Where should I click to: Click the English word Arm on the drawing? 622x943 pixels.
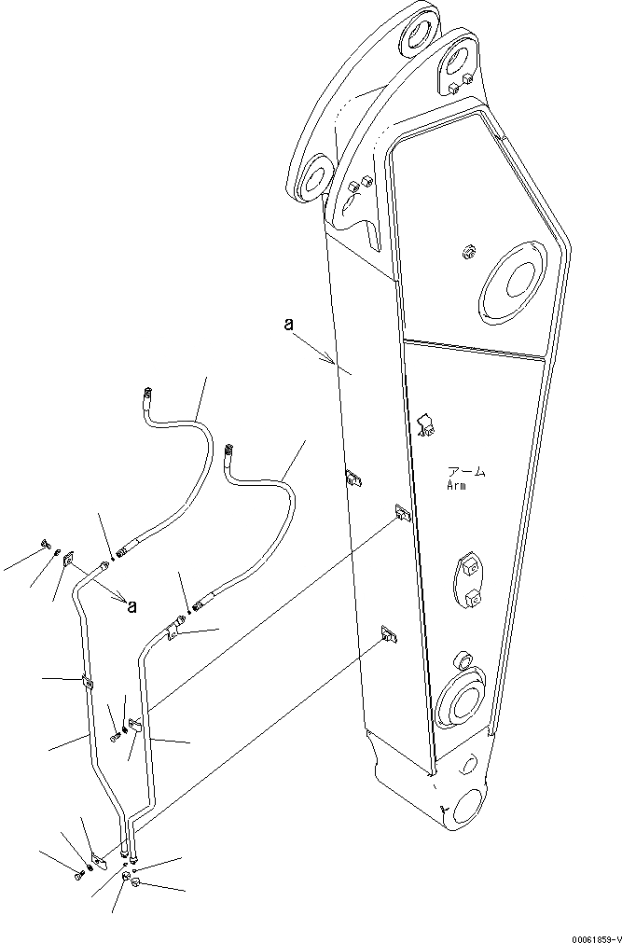pyautogui.click(x=456, y=485)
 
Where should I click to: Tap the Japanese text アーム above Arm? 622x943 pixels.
pyautogui.click(x=465, y=472)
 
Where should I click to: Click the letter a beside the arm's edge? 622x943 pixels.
pyautogui.click(x=289, y=325)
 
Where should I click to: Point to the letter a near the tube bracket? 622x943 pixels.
pyautogui.click(x=131, y=606)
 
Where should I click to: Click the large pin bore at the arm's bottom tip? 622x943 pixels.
pyautogui.click(x=463, y=807)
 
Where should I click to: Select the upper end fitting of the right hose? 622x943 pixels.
pyautogui.click(x=230, y=453)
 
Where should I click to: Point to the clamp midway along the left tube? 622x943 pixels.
pyautogui.click(x=88, y=685)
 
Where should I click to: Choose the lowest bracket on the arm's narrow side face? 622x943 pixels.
pyautogui.click(x=388, y=636)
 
